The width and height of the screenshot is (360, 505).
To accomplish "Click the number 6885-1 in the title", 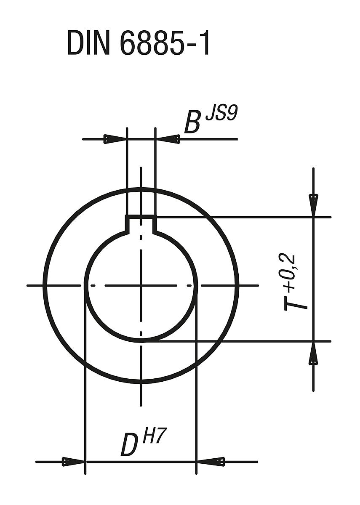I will pos(165,43).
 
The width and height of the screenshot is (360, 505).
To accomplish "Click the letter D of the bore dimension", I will pos(129,446).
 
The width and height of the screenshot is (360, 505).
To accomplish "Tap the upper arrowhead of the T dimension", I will pos(313,204).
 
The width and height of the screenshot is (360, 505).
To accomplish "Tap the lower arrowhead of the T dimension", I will pos(313,355).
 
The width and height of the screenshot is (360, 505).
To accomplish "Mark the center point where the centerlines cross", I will pos(141,286).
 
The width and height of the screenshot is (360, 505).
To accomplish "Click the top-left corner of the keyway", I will pos(127,216).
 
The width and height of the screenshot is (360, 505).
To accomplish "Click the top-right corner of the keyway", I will pos(156,216).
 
